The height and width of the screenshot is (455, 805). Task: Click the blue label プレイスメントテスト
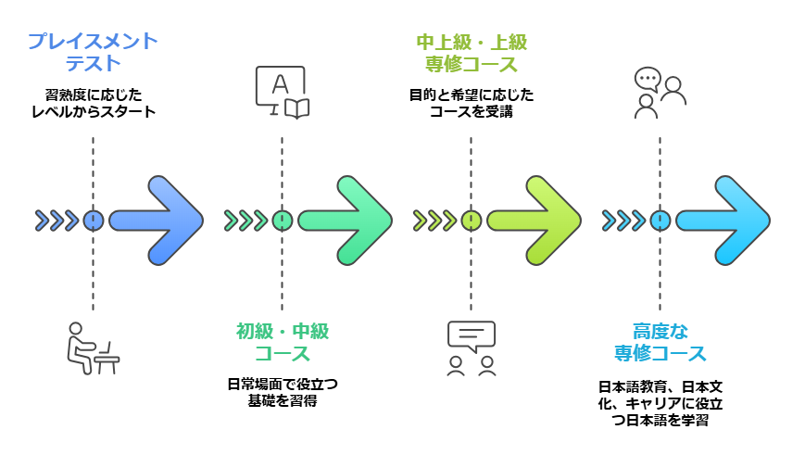pos(93,53)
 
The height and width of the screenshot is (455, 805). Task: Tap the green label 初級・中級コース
pos(282,342)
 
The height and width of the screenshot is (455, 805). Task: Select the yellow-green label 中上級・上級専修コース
pos(471,53)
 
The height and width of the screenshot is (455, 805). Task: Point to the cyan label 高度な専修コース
pos(660,342)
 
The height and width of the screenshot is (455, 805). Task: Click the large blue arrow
pos(157,221)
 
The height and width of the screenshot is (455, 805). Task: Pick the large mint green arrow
pos(346,221)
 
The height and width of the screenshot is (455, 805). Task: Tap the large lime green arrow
pos(535,221)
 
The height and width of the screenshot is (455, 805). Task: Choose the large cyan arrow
pos(724,221)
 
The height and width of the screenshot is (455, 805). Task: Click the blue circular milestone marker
pos(93,221)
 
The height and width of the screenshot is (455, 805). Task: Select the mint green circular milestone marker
pos(282,221)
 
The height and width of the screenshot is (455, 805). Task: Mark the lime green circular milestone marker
pos(471,221)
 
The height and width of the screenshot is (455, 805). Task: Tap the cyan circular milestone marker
pos(660,221)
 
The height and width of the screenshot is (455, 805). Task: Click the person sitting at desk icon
pos(92,348)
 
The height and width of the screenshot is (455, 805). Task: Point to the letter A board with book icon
pos(282,92)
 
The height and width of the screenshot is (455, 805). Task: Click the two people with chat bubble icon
pos(659,92)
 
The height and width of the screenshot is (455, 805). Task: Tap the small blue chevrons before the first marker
pos(57,221)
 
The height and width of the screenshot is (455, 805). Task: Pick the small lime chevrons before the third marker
pos(434,221)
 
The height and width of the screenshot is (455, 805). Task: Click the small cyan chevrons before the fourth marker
pos(623,221)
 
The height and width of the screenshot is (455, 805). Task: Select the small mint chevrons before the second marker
pos(245,221)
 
